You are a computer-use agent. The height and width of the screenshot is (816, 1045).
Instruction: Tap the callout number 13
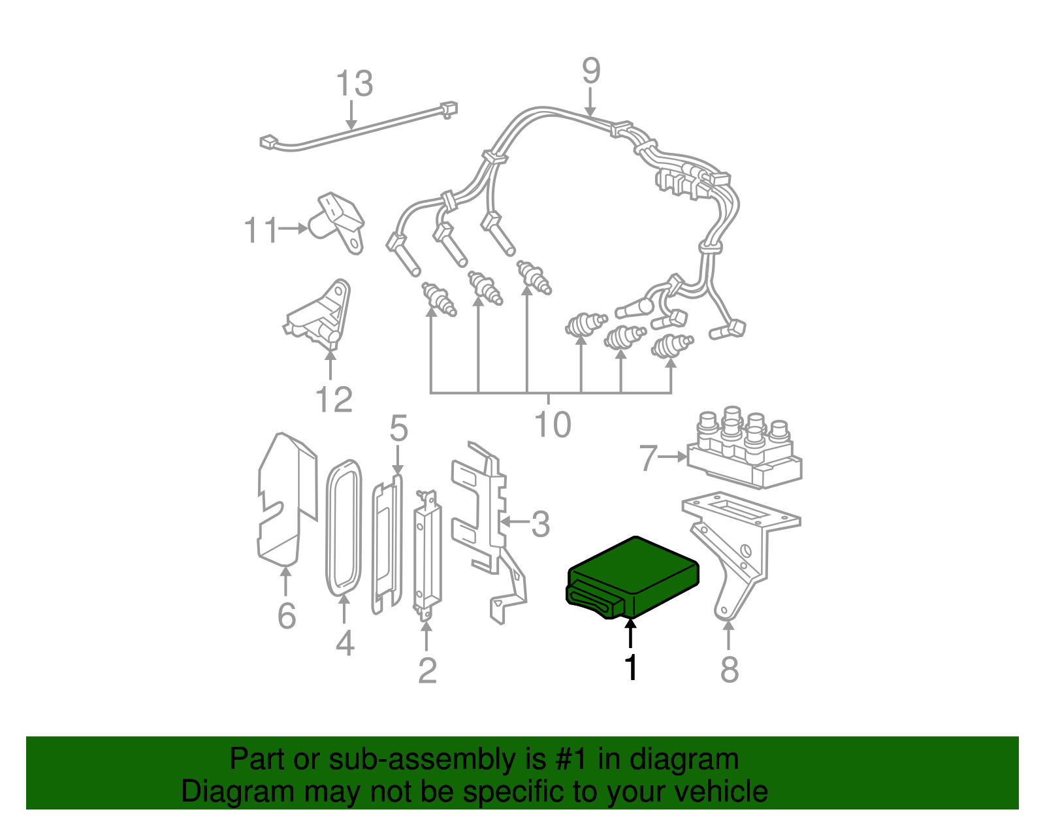point(354,84)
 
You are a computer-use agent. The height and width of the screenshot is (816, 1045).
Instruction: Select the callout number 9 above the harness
point(590,71)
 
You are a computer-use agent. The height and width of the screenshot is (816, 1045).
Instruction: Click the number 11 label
point(261,231)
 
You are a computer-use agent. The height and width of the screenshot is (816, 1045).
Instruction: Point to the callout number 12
point(334,400)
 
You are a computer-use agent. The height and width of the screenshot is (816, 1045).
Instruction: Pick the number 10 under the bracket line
point(553,425)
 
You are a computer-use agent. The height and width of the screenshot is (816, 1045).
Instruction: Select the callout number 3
point(540,524)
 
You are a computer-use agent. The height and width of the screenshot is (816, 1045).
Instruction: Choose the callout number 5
point(398,429)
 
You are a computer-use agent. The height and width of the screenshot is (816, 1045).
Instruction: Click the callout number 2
point(427,671)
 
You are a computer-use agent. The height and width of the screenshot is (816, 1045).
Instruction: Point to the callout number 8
point(730,670)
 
